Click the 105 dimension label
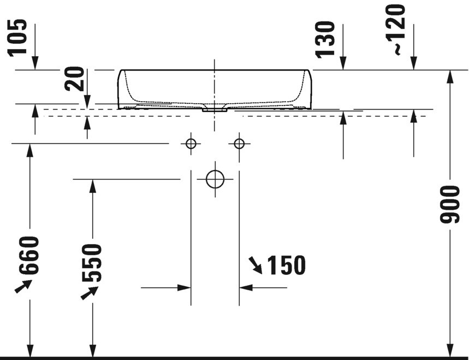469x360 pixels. [x=17, y=38]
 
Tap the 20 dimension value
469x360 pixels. [x=74, y=79]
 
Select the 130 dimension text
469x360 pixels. [x=324, y=39]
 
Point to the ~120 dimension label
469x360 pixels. [x=395, y=30]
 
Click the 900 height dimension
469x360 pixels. [x=449, y=204]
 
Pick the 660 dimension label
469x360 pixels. [x=29, y=255]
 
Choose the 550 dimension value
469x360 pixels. [x=92, y=263]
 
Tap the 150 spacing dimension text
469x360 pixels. [x=286, y=265]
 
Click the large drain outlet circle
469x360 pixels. [x=215, y=179]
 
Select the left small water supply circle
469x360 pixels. [x=191, y=144]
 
